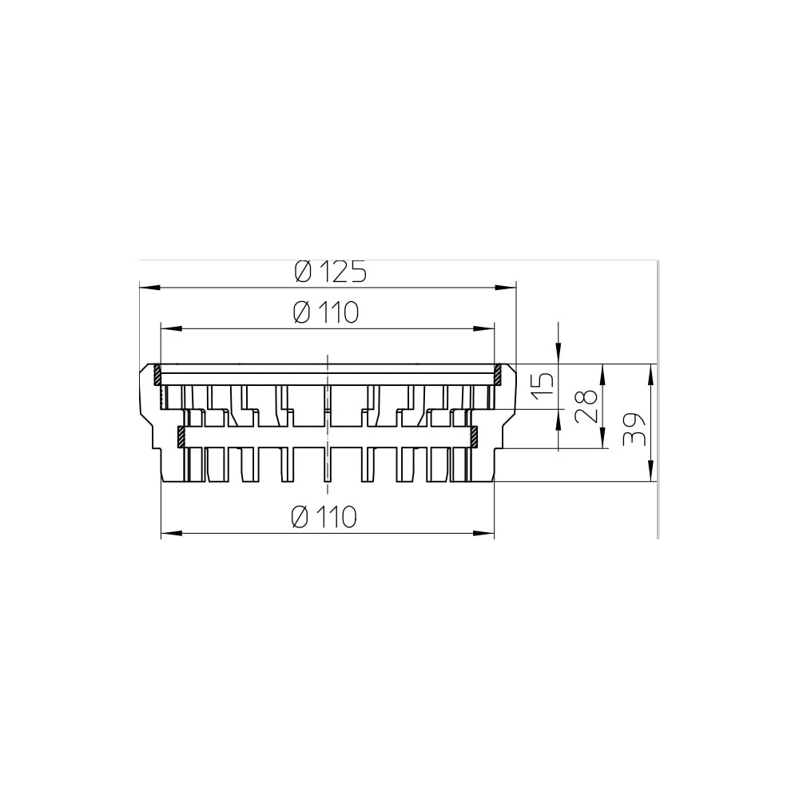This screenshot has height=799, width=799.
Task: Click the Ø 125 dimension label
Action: [331, 272]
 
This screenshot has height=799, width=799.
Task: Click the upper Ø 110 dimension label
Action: [327, 312]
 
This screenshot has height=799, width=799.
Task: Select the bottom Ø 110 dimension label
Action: [324, 517]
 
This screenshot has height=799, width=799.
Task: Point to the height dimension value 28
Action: [586, 407]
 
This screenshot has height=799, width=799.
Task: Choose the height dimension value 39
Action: [634, 429]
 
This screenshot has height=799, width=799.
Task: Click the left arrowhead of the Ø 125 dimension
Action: [150, 288]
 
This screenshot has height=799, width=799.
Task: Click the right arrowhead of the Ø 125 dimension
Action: [506, 288]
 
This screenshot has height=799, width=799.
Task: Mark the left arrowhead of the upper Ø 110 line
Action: [171, 329]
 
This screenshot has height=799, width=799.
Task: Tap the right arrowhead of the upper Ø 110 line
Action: [483, 329]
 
